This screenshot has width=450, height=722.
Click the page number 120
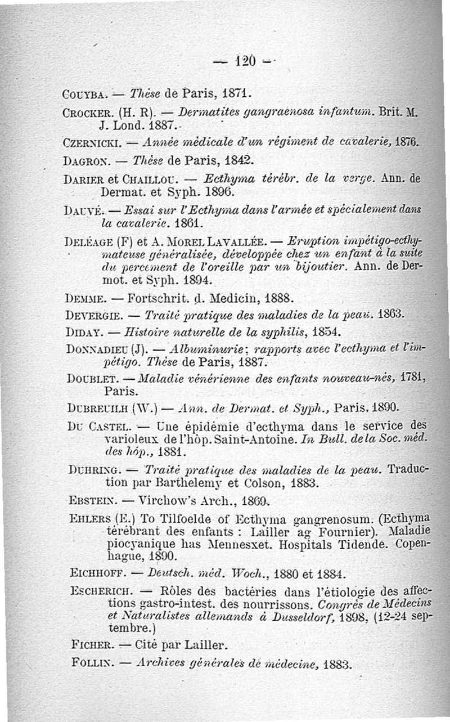pyautogui.click(x=245, y=59)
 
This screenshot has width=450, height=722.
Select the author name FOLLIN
pyautogui.click(x=89, y=663)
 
